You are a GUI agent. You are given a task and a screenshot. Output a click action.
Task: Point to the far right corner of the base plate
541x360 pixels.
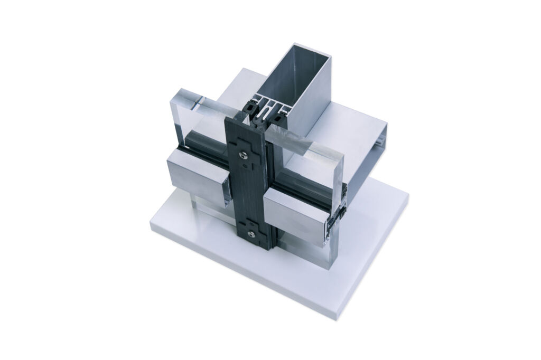(x=407, y=196)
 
